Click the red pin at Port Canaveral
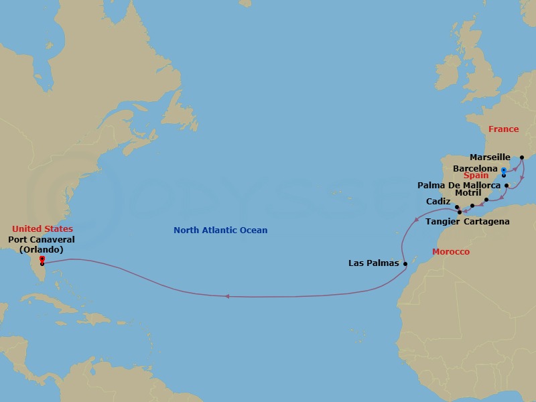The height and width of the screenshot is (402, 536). click(x=42, y=259)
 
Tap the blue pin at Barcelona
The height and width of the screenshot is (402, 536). click(x=503, y=172)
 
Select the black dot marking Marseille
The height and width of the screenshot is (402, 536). click(x=522, y=158)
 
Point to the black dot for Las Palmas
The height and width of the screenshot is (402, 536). click(x=405, y=263)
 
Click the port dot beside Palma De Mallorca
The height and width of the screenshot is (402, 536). click(x=507, y=186)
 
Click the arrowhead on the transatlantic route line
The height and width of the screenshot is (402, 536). click(x=228, y=295)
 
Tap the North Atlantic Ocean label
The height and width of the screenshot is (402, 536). click(x=220, y=230)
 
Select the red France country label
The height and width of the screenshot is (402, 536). click(x=503, y=129)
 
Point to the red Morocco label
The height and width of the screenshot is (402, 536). click(x=451, y=252)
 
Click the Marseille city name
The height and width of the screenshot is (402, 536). click(x=490, y=157)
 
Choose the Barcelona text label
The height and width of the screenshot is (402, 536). click(x=475, y=168)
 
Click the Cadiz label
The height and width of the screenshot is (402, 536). click(x=438, y=201)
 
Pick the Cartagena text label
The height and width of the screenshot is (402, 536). click(x=486, y=222)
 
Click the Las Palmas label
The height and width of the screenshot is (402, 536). click(x=374, y=263)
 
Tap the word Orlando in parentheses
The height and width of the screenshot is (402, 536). click(x=42, y=249)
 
